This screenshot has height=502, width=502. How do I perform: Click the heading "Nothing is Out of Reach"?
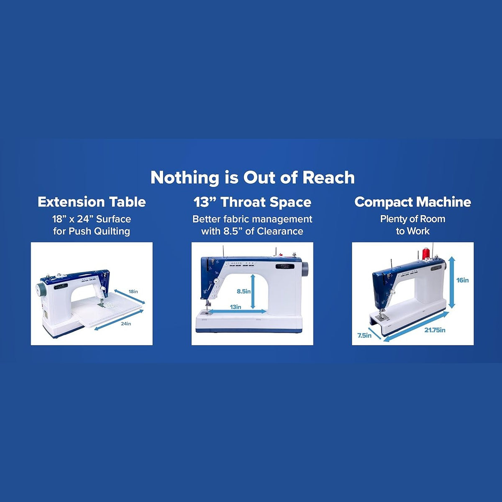[252, 178]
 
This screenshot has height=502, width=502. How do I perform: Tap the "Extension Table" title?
[92, 202]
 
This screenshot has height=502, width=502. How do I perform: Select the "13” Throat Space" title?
[252, 202]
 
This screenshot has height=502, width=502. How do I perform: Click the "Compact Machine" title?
[412, 202]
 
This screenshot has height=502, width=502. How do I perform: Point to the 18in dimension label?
[133, 291]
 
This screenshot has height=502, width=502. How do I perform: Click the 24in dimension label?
[126, 323]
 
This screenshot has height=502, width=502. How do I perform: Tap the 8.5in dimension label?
[243, 291]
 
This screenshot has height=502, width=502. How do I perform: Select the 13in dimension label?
[236, 307]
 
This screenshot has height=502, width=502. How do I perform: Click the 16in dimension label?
[462, 280]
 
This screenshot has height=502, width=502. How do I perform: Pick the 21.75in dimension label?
[435, 330]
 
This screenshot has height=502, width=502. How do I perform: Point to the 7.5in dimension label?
[364, 336]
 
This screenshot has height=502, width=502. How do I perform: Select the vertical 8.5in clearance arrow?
[252, 291]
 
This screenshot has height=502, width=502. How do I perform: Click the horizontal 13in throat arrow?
[236, 311]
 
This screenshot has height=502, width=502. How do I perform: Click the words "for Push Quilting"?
[92, 231]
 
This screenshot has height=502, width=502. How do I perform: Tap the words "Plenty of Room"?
[412, 219]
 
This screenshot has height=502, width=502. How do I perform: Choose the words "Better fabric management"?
[252, 219]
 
